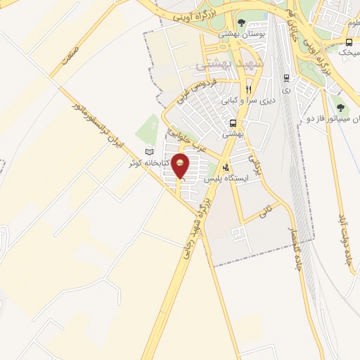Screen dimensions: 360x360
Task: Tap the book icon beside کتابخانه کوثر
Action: (148, 152)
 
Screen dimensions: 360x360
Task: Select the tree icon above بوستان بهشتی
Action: (242, 23)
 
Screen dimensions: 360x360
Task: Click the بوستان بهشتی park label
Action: (237, 34)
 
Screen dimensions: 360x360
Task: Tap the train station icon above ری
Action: (286, 79)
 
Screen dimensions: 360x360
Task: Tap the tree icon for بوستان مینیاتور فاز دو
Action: (340, 108)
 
